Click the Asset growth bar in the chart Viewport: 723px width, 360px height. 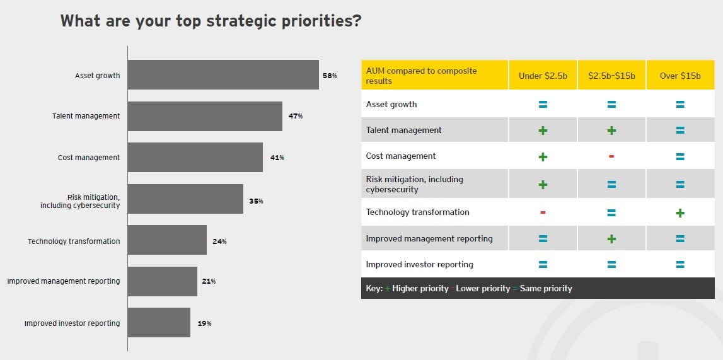[223, 75]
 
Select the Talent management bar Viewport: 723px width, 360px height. [205, 116]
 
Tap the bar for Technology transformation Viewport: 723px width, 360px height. [167, 240]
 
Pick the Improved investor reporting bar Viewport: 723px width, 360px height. [159, 323]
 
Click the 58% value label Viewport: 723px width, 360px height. [330, 76]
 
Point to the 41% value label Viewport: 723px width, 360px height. [277, 158]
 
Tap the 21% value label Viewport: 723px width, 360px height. [209, 281]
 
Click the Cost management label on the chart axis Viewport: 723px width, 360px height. [88, 158]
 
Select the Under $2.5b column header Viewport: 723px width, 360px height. [543, 76]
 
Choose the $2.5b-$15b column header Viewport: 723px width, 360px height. [611, 76]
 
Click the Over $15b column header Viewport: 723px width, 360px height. [680, 76]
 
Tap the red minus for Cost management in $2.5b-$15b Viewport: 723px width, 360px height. [611, 156]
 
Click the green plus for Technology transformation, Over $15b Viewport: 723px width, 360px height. [680, 213]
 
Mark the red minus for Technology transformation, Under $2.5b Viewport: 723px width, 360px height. [543, 212]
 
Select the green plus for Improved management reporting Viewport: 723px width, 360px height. [611, 239]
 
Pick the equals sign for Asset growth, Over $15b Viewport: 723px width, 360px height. [680, 105]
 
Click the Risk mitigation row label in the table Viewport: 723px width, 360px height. [414, 184]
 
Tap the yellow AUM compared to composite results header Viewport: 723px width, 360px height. [434, 76]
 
